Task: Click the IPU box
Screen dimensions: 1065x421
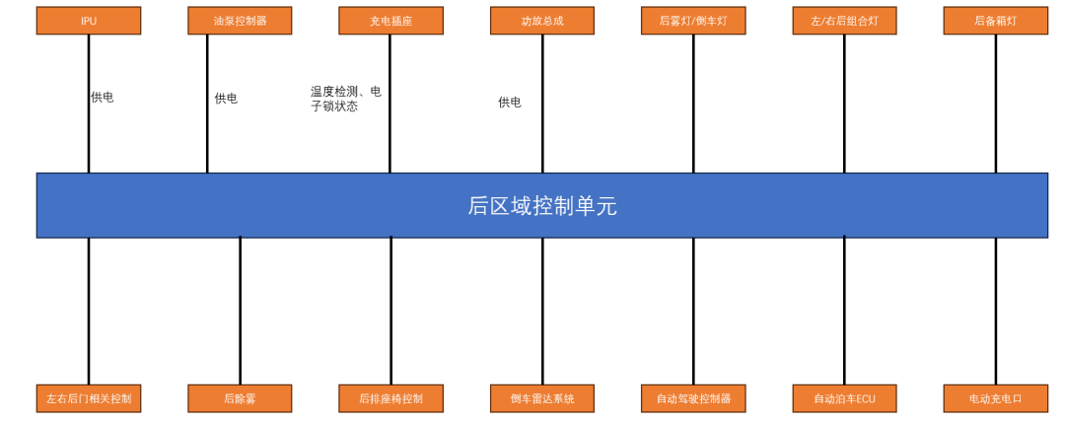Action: (x=89, y=21)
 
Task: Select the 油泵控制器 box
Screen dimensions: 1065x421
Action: (x=240, y=21)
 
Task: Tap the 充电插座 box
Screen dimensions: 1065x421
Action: (x=391, y=21)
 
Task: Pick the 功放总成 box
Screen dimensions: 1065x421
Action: (x=542, y=21)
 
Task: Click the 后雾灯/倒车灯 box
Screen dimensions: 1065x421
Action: (x=693, y=21)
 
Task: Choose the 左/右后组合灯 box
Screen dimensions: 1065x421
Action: (x=844, y=21)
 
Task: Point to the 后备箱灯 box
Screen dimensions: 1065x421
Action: (x=996, y=21)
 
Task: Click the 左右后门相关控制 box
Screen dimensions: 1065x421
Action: (x=89, y=398)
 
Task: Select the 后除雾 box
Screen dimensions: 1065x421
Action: (x=240, y=398)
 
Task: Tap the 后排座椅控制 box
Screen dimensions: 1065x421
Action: (x=391, y=398)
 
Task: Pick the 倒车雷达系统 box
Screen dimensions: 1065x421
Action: (x=542, y=398)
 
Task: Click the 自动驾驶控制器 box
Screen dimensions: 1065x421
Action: (x=693, y=398)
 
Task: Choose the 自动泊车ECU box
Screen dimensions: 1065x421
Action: (x=844, y=398)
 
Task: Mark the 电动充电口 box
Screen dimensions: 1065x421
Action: (x=996, y=398)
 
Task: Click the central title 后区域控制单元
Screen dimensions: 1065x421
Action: (x=542, y=206)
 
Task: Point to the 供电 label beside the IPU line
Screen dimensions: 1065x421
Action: (x=103, y=97)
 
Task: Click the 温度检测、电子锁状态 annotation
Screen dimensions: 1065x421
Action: (x=346, y=100)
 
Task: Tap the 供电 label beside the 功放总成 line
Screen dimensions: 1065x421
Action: (x=510, y=103)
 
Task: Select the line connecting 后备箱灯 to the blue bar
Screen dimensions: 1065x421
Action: (x=996, y=104)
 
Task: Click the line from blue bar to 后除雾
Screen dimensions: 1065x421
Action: (x=240, y=311)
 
